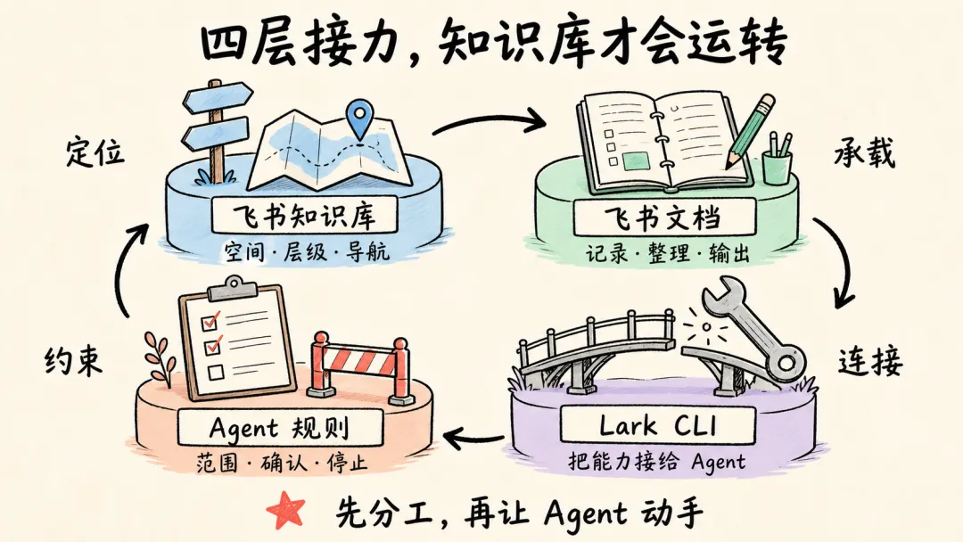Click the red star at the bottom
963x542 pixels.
tap(286, 510)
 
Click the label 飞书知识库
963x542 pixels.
tap(303, 216)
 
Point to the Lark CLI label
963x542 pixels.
tap(658, 424)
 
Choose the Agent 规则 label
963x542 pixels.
tap(279, 427)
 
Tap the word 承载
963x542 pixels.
tap(865, 153)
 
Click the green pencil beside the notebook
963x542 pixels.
tap(751, 131)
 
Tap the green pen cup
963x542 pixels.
tap(777, 161)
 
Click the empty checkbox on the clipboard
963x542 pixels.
tap(216, 372)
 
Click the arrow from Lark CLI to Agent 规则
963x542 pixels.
tap(473, 438)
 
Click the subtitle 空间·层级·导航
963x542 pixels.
tap(307, 251)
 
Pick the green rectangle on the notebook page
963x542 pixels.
tap(637, 160)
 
